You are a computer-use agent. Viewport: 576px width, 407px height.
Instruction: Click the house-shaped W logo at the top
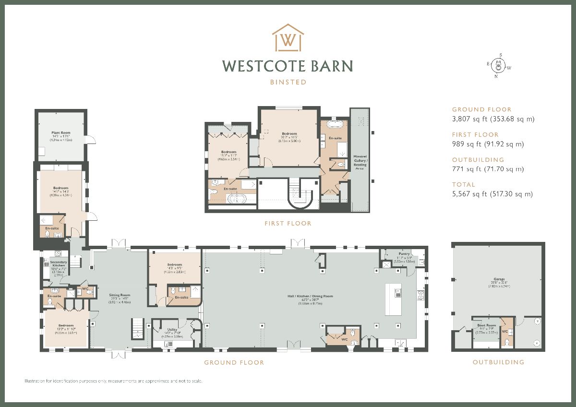tap(288, 38)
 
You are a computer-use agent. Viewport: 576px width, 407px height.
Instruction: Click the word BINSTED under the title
tap(288, 82)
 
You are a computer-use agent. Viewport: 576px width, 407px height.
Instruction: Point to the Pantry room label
tap(404, 253)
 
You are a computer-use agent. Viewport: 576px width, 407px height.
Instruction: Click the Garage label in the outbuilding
tap(499, 282)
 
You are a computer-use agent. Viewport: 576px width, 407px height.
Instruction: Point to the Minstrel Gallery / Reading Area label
tap(360, 162)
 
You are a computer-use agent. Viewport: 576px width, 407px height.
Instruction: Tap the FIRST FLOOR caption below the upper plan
tap(288, 224)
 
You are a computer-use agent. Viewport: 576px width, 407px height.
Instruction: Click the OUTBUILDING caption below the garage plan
tap(498, 362)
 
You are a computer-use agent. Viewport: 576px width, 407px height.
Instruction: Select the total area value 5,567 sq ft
tap(492, 194)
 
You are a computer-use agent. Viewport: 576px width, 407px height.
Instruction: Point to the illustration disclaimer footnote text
tap(114, 381)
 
